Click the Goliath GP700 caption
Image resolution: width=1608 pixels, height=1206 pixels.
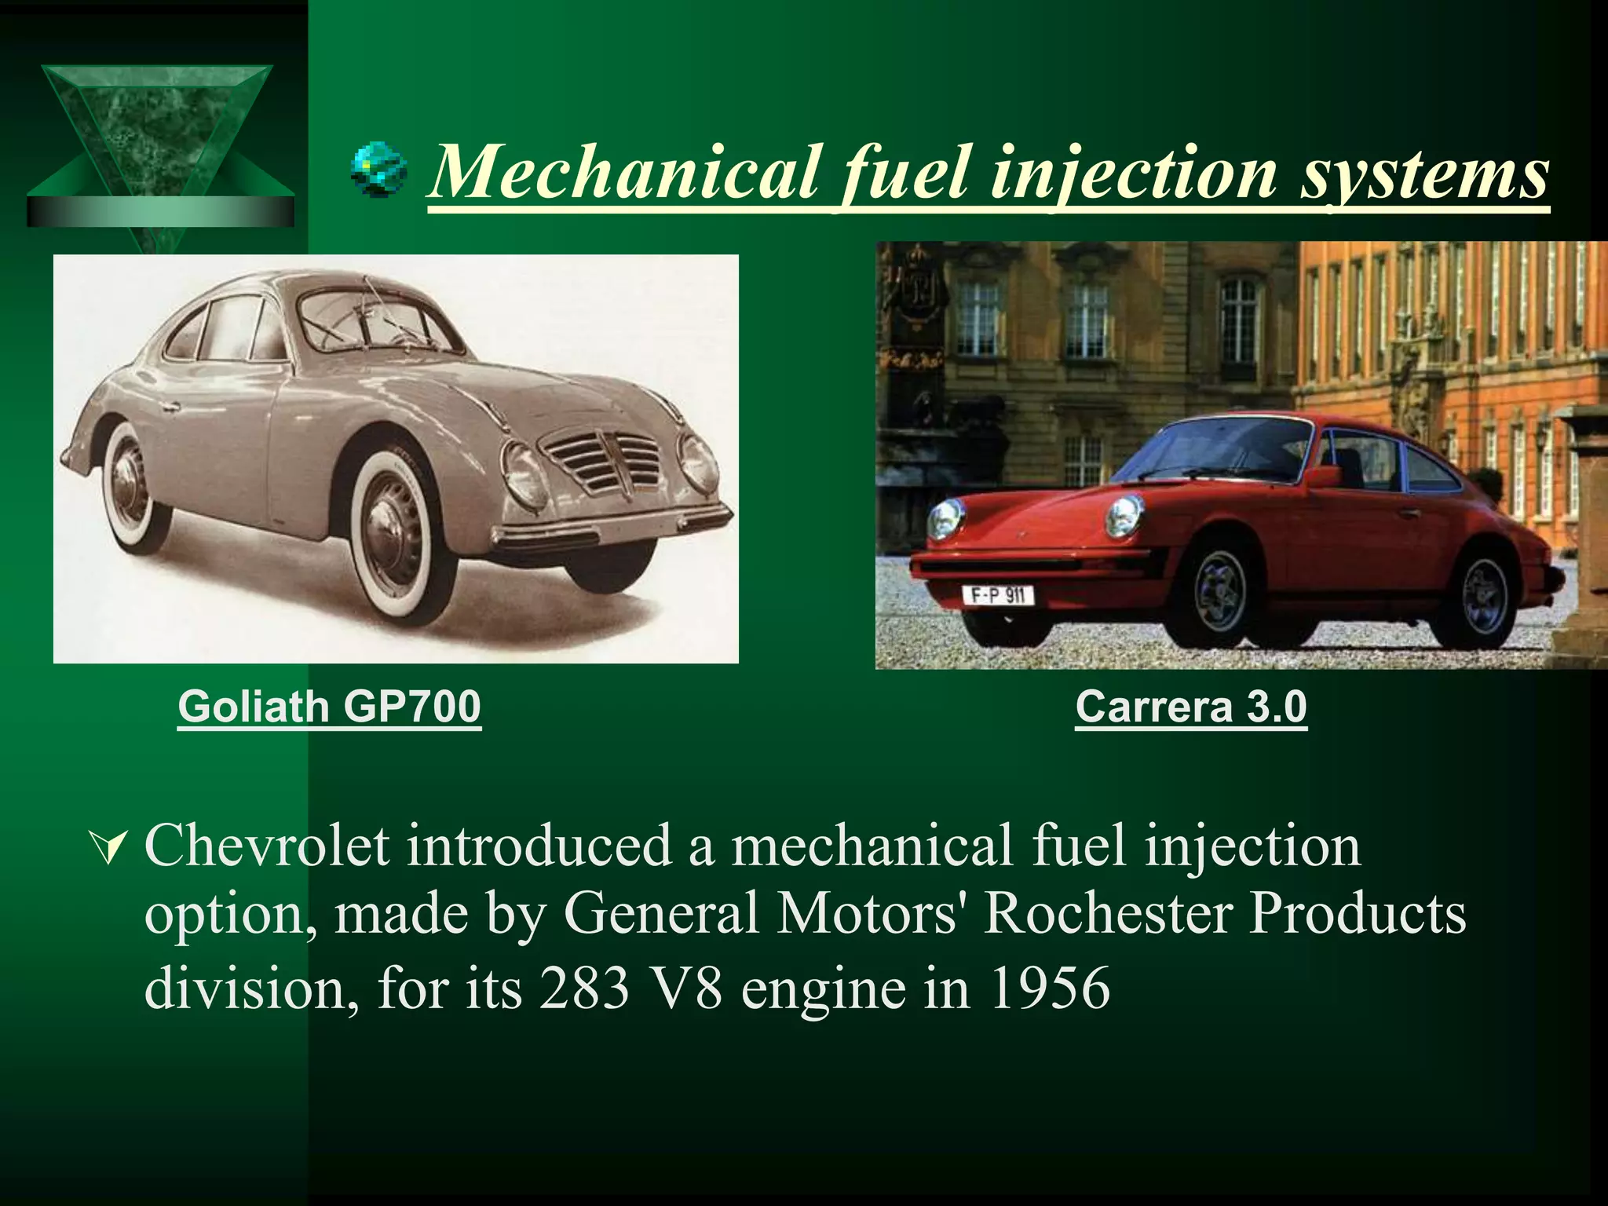coord(329,707)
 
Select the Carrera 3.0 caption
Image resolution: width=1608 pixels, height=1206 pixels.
coord(1190,707)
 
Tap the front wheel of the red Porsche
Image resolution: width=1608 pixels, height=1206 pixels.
coord(1219,590)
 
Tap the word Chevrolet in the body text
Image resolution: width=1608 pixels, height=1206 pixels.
coord(267,846)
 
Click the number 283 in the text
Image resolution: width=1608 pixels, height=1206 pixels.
coord(585,988)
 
